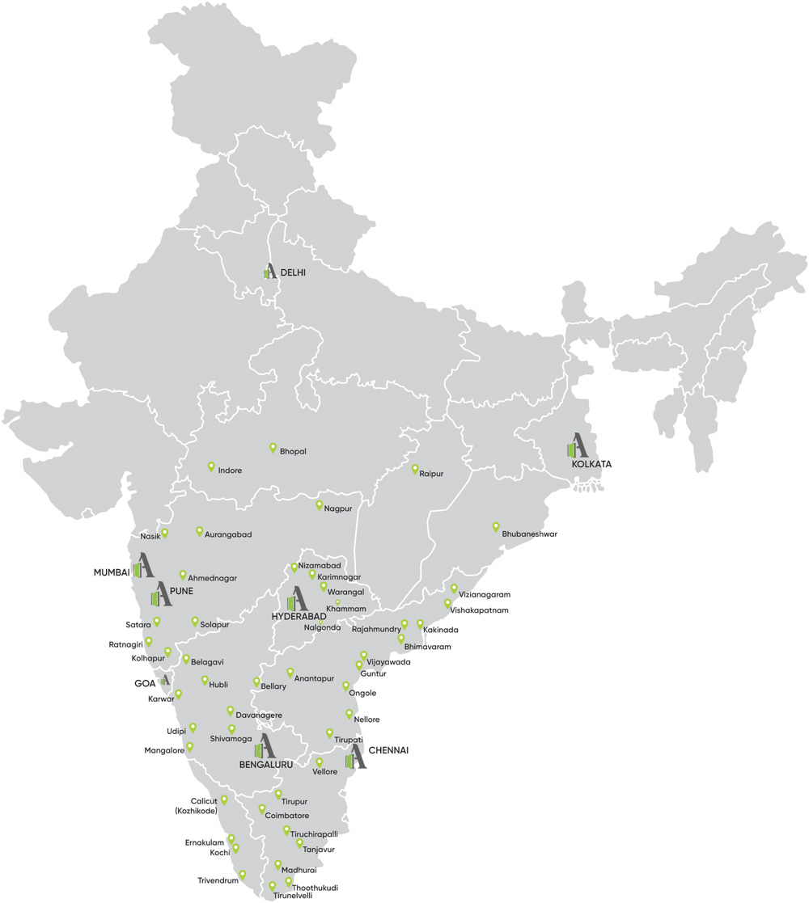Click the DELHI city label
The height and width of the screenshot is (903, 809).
(294, 273)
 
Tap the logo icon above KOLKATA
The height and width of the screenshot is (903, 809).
(577, 445)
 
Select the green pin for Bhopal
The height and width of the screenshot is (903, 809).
(273, 448)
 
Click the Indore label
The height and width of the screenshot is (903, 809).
(230, 470)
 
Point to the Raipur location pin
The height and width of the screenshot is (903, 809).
(414, 470)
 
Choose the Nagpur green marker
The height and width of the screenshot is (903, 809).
(319, 505)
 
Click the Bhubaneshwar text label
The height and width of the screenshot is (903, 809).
(529, 534)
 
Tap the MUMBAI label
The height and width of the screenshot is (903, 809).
(112, 572)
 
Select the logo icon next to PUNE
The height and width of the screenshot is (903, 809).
(161, 596)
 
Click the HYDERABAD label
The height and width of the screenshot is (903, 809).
(299, 617)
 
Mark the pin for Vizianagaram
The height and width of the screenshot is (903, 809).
(454, 589)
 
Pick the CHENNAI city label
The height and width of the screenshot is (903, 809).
(388, 751)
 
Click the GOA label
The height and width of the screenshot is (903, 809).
(145, 683)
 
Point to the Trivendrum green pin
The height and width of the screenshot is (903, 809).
(243, 875)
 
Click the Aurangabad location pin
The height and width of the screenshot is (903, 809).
(199, 531)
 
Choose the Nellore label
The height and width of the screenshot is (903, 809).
(366, 719)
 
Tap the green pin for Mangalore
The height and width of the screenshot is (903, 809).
(190, 748)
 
